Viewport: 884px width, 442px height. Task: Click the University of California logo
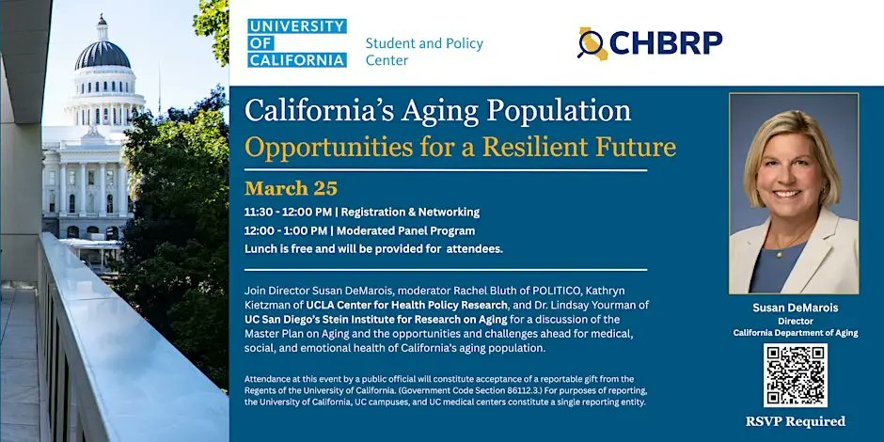297,43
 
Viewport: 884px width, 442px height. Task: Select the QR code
795,375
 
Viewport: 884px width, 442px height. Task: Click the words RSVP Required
795,421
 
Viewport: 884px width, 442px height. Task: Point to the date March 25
291,187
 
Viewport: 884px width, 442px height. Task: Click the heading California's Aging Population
438,110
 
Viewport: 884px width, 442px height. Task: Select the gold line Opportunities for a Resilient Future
460,147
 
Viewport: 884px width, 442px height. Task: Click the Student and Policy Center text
424,52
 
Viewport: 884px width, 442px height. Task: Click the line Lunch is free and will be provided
373,248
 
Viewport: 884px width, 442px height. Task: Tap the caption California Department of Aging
795,333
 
